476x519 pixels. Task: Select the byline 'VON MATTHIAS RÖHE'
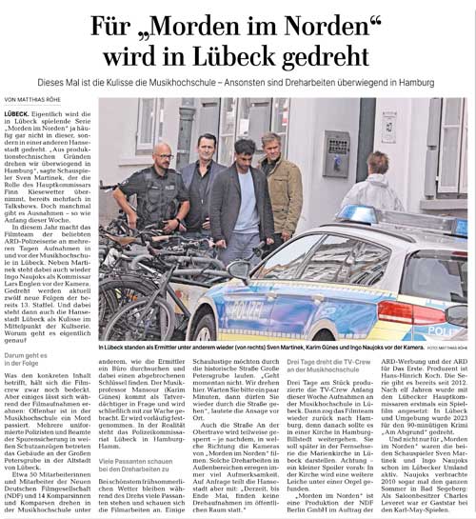coord(39,99)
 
